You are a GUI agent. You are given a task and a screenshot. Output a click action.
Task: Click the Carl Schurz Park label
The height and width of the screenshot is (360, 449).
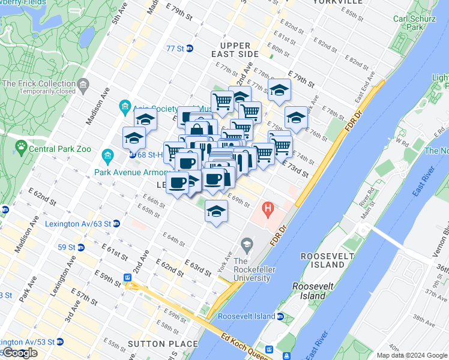point(408,23)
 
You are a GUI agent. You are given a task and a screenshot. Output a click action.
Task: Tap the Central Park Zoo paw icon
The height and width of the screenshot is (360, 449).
point(22,146)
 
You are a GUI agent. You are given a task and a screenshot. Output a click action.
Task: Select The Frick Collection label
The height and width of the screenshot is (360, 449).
point(39,83)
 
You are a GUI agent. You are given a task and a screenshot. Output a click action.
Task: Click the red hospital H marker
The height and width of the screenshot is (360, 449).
point(268,210)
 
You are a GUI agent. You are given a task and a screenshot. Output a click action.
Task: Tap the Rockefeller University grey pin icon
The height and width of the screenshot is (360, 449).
point(246,244)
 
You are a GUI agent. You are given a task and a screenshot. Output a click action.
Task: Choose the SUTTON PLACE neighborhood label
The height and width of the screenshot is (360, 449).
point(162,344)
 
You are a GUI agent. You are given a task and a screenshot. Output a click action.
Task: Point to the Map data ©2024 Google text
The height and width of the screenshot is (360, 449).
point(412,355)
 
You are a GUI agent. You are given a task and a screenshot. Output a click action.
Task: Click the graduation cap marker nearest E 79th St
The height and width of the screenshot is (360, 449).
point(279,90)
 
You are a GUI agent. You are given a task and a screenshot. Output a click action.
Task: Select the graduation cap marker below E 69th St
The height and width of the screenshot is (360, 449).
point(216,211)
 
